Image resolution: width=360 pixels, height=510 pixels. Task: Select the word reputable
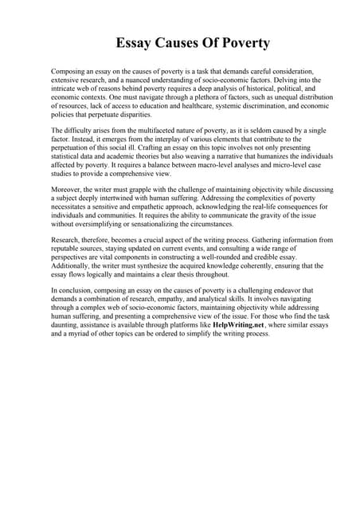(66, 249)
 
